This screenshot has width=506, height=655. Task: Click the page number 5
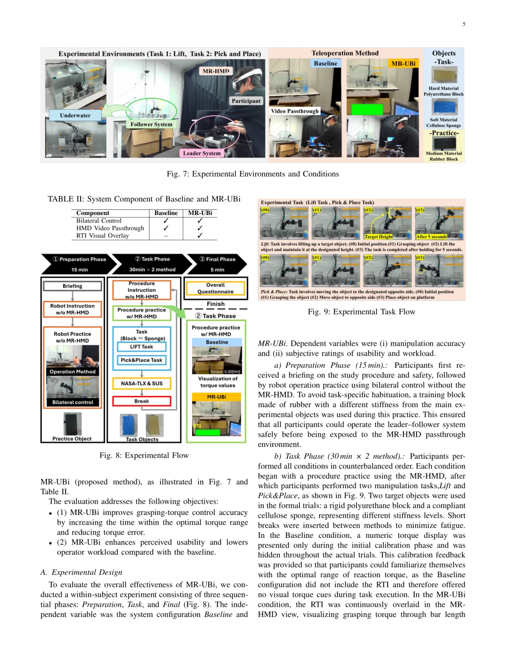click(x=464, y=24)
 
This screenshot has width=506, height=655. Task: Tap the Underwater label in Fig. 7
click(x=75, y=115)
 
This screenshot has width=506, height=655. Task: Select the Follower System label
click(x=151, y=124)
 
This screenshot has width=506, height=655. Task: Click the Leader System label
click(x=201, y=153)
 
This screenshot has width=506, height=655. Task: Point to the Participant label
click(x=246, y=101)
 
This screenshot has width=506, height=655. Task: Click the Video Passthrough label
click(x=295, y=111)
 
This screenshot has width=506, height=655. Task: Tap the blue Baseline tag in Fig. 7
click(x=325, y=63)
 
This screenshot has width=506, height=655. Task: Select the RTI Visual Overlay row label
click(x=103, y=236)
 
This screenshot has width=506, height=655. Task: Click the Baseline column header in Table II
click(x=166, y=213)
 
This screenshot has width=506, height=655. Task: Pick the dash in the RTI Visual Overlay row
click(x=166, y=236)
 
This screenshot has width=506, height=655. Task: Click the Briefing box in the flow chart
click(x=72, y=286)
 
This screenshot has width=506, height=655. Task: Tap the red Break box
click(x=141, y=401)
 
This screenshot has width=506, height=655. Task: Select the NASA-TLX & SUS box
click(x=141, y=383)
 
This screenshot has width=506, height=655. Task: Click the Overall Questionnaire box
click(x=216, y=288)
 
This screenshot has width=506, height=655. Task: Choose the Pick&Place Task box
click(x=141, y=360)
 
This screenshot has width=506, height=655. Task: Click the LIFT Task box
click(x=141, y=347)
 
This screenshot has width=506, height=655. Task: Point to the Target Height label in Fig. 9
click(x=379, y=237)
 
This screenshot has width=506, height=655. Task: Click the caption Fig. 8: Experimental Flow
click(x=144, y=455)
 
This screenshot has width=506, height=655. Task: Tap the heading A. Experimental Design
click(x=81, y=572)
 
